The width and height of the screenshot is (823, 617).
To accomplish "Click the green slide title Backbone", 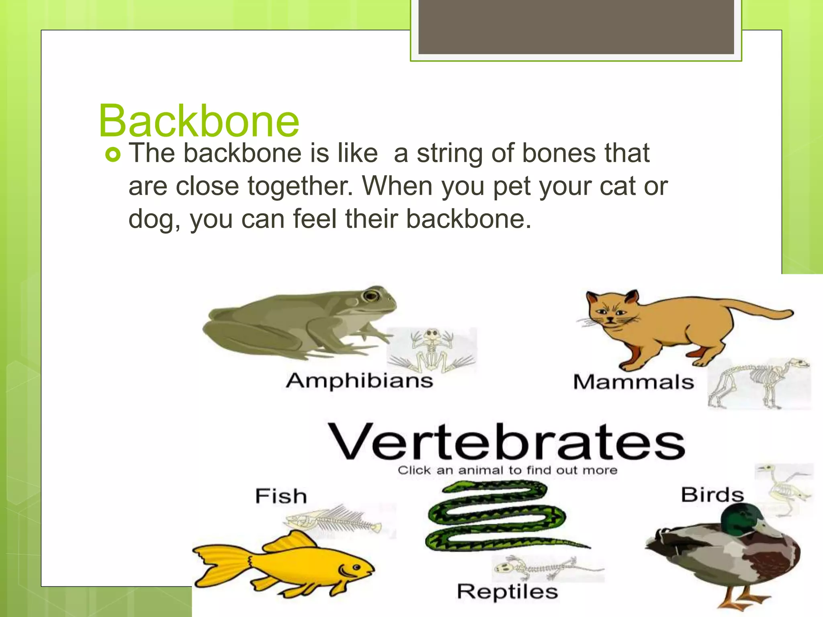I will coord(199,121).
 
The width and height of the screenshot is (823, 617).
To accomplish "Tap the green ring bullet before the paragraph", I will coord(113,155).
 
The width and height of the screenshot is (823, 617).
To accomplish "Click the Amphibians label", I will coord(359,381).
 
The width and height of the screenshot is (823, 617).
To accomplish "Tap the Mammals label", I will coord(633,382).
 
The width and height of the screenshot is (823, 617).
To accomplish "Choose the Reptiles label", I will coord(507,591).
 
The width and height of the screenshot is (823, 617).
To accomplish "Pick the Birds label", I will coord(712,494).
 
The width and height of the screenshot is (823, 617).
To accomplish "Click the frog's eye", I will coord(371,296).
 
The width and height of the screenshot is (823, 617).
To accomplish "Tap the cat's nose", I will coord(610,320).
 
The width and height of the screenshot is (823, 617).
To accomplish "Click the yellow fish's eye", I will coord(356,568).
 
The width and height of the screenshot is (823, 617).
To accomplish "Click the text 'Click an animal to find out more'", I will coord(507,470).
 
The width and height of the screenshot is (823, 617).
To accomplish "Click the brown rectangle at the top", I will coord(576,27).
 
